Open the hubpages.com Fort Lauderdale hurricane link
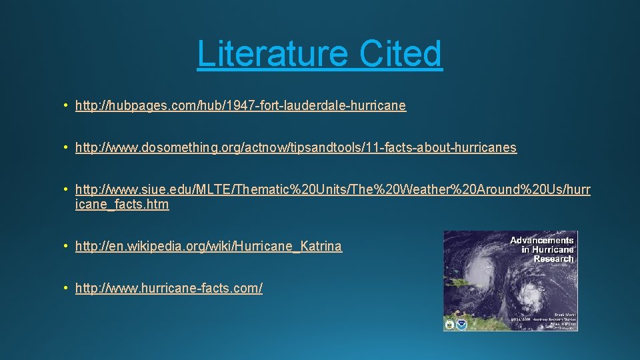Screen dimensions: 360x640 click(x=241, y=105)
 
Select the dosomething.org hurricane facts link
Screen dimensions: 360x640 click(x=296, y=147)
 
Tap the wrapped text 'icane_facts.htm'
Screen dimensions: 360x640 click(x=122, y=205)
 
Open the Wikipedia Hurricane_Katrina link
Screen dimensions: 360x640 click(x=209, y=246)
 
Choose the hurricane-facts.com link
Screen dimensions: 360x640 click(x=169, y=288)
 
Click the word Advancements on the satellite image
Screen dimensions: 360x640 click(x=541, y=240)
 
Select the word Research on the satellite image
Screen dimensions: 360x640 click(x=553, y=259)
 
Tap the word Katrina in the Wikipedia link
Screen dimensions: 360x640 click(x=321, y=246)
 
